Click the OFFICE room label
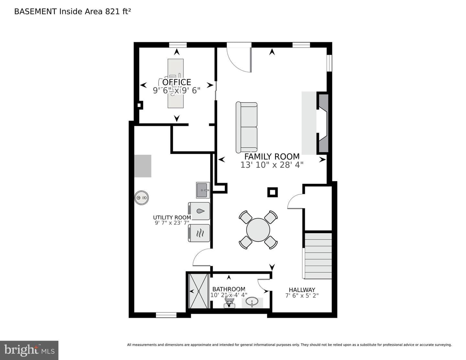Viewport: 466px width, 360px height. tap(176, 82)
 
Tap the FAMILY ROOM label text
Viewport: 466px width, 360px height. tap(272, 157)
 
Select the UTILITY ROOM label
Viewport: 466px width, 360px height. tap(172, 217)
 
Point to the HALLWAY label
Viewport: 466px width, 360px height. tap(302, 290)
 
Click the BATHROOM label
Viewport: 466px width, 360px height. tap(228, 289)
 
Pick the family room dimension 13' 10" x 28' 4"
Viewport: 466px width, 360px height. tap(272, 165)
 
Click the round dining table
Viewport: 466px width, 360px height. tap(258, 230)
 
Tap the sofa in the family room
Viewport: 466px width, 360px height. tap(246, 128)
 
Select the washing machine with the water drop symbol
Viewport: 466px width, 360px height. tap(199, 211)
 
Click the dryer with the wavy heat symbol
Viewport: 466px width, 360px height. tap(199, 233)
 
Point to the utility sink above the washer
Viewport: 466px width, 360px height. tap(203, 190)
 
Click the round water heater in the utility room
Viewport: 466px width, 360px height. tap(141, 197)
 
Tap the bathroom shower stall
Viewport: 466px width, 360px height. tap(199, 291)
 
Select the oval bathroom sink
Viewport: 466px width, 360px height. tap(252, 302)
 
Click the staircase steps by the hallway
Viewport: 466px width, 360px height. tap(318, 256)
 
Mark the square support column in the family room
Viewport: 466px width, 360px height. tap(272, 192)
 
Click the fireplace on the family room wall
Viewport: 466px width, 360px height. tap(323, 123)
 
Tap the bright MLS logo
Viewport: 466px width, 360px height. tap(29, 350)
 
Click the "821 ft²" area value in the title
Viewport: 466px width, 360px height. tap(118, 11)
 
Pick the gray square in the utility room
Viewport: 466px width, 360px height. tap(143, 166)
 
